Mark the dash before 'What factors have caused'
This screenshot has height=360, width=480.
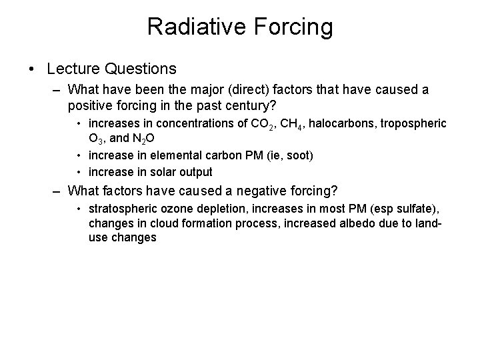tap(59, 192)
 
